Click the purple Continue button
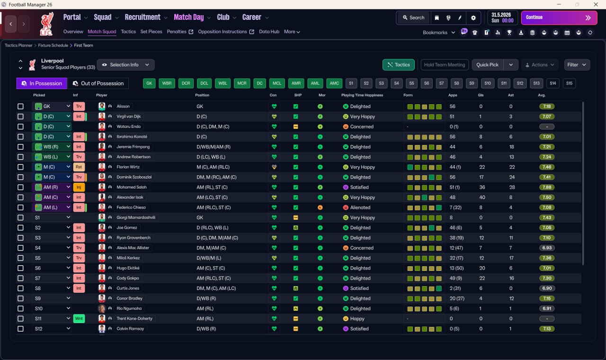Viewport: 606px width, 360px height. [x=559, y=18]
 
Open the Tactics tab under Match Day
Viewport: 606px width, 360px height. [x=128, y=32]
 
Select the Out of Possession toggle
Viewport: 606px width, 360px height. [x=98, y=83]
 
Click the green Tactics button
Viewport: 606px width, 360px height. [x=398, y=65]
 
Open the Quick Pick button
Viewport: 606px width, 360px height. [x=487, y=65]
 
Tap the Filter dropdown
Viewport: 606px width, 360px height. [x=577, y=65]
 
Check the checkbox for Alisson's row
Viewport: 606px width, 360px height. [x=20, y=107]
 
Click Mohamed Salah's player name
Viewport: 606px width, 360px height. [x=132, y=187]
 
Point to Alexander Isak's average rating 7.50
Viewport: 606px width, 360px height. [x=546, y=198]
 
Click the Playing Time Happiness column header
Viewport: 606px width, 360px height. [x=362, y=95]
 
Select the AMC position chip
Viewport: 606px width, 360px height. [x=334, y=83]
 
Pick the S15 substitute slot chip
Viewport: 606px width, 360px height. [x=569, y=83]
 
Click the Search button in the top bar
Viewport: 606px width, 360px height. [x=413, y=18]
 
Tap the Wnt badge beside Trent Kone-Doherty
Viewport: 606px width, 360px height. [x=79, y=319]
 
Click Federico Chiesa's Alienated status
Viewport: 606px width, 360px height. [x=360, y=207]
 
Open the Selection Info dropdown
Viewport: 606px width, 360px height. [x=125, y=65]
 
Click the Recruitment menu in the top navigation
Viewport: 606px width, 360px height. [x=143, y=18]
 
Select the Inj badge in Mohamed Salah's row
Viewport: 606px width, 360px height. [x=79, y=187]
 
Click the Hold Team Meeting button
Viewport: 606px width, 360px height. [x=445, y=65]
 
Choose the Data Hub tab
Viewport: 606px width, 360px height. [x=269, y=32]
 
